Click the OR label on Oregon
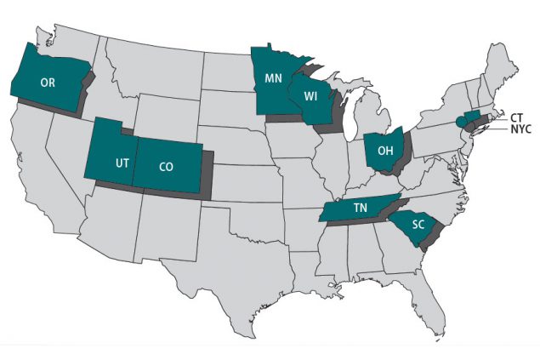coord(48,83)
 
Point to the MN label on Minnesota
coord(274,78)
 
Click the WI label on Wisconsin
coord(311,95)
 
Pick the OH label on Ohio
coord(384,151)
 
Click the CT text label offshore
coord(517,117)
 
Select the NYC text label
coord(520,129)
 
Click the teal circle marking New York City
coord(462,121)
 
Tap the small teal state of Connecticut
coord(473,117)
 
